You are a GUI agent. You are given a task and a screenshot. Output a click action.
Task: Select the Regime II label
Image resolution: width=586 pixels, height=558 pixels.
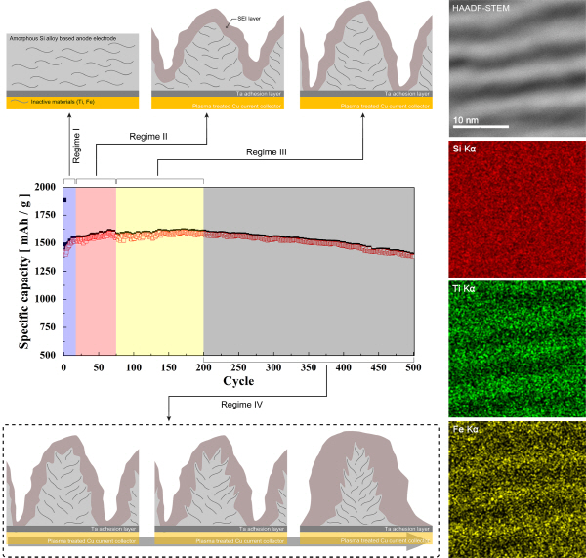click(149, 137)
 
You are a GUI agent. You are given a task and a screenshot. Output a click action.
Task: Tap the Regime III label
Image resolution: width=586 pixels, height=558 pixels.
click(269, 153)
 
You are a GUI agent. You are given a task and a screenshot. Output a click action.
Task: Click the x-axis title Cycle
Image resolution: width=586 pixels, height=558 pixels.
click(238, 380)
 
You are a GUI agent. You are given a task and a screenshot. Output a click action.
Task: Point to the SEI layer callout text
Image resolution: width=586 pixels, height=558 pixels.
click(249, 19)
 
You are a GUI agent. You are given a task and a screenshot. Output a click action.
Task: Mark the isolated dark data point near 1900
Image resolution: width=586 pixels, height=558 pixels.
click(64, 199)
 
